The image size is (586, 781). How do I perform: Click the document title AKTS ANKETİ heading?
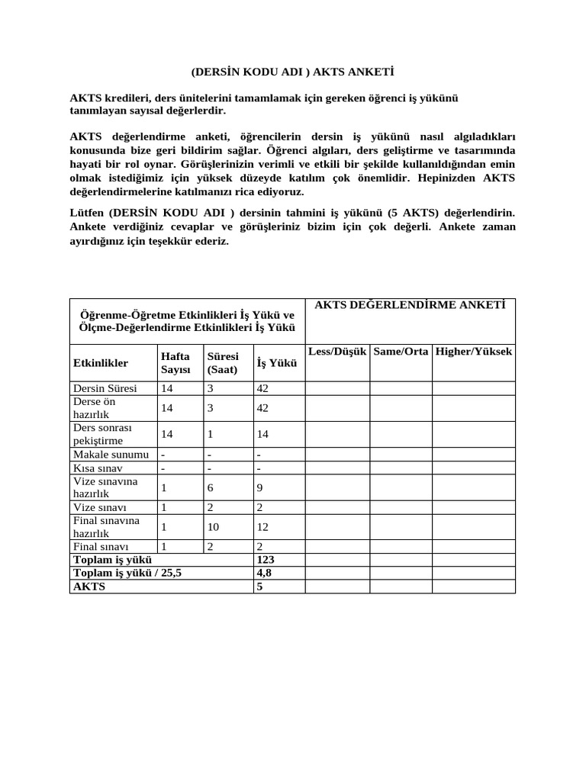pos(293,72)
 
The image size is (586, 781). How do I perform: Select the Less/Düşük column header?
pos(337,351)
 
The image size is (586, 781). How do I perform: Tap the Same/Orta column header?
pos(401,351)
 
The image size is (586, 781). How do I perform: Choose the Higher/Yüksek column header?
pos(473,351)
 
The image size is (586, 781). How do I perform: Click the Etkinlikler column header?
pos(101,363)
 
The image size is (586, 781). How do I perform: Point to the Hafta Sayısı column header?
pos(175,363)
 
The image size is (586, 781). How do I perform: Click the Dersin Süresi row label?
pos(105,388)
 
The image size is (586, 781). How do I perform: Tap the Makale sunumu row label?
pos(111,455)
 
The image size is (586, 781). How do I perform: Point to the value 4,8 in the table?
pos(265,573)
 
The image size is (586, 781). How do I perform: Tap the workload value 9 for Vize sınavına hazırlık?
pos(260,487)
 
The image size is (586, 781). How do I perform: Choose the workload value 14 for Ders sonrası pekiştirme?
pos(263,434)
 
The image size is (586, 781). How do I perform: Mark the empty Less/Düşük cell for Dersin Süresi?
pos(337,388)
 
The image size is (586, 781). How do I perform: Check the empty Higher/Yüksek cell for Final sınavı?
pos(473,547)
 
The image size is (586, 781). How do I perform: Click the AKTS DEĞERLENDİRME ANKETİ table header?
pos(410,305)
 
